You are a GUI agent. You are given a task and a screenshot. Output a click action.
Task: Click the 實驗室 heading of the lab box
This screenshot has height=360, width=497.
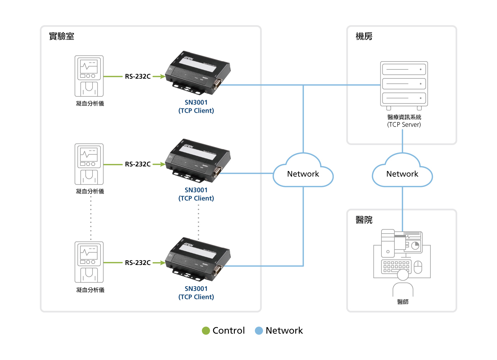[62, 36]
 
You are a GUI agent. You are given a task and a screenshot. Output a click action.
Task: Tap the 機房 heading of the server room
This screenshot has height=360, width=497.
[364, 36]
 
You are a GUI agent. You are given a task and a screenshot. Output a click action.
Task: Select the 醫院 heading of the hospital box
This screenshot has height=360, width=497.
[364, 220]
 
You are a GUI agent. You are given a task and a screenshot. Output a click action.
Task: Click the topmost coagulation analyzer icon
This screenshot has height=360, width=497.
[89, 76]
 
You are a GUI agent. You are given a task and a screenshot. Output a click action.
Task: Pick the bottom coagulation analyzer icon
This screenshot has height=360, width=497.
[89, 262]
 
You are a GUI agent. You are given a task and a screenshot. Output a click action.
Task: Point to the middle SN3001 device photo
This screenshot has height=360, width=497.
[198, 160]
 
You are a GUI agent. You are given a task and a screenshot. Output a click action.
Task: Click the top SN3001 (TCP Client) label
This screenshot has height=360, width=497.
[196, 107]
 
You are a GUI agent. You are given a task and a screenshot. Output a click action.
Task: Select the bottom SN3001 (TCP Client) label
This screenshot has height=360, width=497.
[196, 293]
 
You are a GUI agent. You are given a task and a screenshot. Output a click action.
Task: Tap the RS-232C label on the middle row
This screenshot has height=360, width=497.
[138, 164]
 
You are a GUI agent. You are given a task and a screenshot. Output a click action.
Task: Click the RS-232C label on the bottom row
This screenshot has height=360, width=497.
[138, 263]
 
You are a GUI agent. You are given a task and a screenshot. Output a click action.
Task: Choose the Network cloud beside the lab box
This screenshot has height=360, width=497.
[303, 173]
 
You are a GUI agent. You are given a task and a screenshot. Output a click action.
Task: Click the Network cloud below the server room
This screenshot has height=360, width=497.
[402, 173]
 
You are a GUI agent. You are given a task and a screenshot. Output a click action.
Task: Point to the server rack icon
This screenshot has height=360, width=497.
[404, 85]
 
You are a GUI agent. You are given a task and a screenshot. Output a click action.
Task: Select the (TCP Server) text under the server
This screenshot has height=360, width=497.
[404, 125]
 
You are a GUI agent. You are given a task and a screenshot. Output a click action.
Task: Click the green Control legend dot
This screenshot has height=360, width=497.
[206, 330]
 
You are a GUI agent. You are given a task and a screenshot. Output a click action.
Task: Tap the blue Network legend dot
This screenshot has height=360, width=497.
[259, 330]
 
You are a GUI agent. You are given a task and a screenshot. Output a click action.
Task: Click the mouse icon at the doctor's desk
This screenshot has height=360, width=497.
[418, 267]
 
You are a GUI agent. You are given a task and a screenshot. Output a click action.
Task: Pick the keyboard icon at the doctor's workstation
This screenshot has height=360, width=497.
[396, 266]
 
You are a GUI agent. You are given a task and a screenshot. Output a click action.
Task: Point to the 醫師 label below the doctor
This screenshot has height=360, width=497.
[403, 302]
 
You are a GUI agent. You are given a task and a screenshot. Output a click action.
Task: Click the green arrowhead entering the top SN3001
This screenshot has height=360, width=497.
[162, 76]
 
